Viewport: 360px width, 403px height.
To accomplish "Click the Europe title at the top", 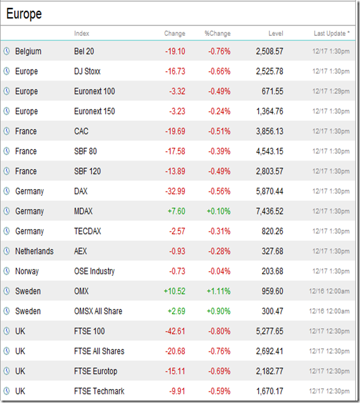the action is click(24, 13).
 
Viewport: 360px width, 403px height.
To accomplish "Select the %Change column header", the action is click(218, 33).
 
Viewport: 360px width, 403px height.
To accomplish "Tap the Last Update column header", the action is click(331, 33).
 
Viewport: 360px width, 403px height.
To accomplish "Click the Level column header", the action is click(275, 33).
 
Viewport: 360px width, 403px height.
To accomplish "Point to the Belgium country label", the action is click(28, 51).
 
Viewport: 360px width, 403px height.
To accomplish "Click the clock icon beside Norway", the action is click(7, 271).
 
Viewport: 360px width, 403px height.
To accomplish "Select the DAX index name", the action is click(81, 191).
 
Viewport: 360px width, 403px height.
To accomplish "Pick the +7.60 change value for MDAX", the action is click(176, 212).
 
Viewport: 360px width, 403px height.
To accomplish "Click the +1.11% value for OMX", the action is click(219, 291).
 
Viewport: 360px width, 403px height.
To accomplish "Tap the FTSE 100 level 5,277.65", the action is click(269, 331).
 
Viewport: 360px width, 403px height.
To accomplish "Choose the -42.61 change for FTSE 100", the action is click(175, 331).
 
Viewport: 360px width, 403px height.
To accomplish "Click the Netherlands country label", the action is click(35, 251).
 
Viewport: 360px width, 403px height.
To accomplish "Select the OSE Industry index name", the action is click(94, 271).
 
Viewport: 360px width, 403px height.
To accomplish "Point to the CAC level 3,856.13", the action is click(269, 131).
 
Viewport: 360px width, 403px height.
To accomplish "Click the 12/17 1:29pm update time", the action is click(331, 91).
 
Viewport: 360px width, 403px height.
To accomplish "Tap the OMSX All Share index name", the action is click(98, 311).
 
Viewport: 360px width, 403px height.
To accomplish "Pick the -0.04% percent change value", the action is click(220, 271).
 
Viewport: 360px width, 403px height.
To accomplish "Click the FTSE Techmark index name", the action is click(99, 391).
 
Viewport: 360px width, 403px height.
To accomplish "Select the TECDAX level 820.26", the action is click(272, 232).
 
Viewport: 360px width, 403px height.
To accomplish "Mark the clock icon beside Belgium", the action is click(7, 51).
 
